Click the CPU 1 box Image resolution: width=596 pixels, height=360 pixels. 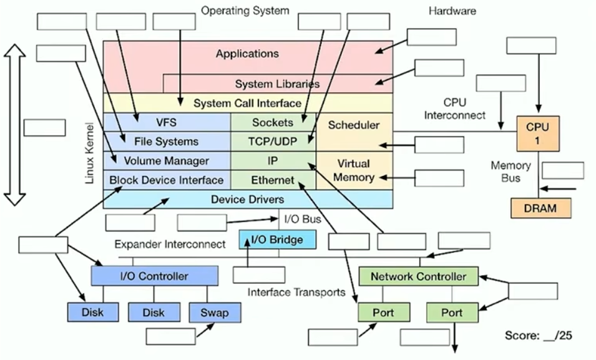[537, 133]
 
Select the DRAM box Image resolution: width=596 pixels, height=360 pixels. [541, 208]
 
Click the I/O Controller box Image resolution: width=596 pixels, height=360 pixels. [154, 276]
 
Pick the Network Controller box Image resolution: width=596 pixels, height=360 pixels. [418, 276]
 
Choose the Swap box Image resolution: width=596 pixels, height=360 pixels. [215, 313]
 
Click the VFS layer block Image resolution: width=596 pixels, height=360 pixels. [167, 122]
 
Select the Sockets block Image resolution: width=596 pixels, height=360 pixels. [273, 122]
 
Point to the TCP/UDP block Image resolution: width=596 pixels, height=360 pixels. [273, 142]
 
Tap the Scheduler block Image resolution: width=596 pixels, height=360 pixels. [354, 125]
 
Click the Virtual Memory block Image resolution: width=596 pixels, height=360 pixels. [354, 170]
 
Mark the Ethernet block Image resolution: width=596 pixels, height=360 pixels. [273, 180]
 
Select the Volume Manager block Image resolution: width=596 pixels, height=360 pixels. [167, 161]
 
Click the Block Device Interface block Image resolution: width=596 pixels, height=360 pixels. [167, 180]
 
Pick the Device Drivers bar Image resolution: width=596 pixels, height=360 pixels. [247, 200]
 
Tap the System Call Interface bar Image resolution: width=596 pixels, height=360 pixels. [247, 103]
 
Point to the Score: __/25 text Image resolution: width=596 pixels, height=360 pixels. [538, 336]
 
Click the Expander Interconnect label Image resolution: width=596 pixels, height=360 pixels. [170, 244]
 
